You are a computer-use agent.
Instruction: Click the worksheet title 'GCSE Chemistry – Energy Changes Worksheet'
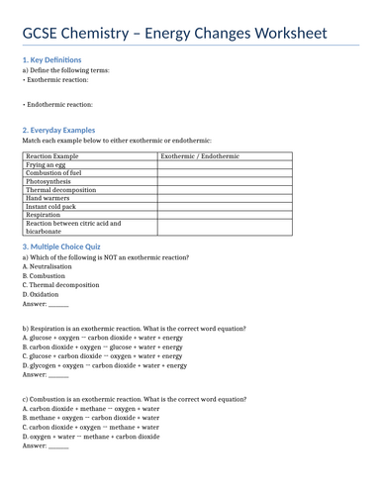(174, 34)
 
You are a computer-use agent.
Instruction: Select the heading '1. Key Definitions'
(51, 59)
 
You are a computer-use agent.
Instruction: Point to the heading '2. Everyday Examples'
(58, 130)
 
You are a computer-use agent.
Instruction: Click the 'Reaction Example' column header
(52, 156)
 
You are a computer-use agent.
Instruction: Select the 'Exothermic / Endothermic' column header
(200, 156)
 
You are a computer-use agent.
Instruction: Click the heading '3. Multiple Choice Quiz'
(65, 246)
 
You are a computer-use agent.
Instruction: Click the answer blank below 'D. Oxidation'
(58, 306)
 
